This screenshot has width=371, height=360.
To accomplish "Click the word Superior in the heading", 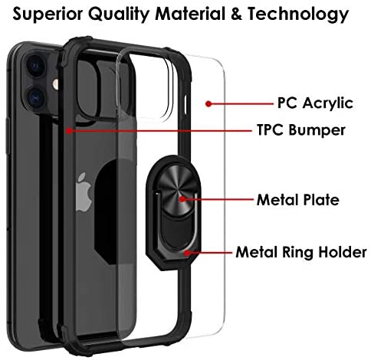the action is (48, 15).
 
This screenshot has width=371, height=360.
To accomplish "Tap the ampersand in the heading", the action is (236, 14).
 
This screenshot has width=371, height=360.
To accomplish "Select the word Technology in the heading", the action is (298, 15).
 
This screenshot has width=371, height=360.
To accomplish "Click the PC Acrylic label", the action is (315, 103).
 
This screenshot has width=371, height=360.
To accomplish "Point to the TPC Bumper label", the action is (301, 130).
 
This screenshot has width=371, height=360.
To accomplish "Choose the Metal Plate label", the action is (298, 200).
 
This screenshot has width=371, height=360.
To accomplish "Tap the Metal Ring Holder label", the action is (301, 252).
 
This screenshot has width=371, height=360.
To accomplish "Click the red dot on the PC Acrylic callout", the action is (208, 104).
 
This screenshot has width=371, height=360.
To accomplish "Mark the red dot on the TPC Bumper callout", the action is (69, 131).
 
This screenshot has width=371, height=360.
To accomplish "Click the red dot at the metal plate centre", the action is (182, 199).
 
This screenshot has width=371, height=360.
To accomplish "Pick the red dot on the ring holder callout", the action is (188, 253).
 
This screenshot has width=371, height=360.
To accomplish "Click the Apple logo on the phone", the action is (84, 192).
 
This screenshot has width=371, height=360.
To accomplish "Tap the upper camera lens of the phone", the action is (36, 65).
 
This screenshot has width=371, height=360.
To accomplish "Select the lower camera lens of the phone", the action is (36, 97).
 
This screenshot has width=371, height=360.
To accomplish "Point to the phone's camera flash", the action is (55, 84).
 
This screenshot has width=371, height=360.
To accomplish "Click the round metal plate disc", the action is (177, 192).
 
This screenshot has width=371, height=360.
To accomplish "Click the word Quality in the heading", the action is (119, 15).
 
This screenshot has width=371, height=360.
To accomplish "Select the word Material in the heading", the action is (190, 14).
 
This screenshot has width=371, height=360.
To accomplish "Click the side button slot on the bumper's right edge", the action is (185, 105).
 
